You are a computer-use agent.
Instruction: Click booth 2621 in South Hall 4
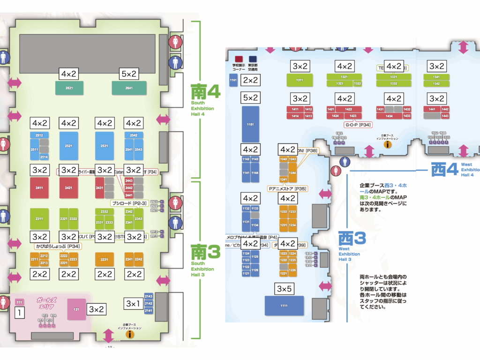tap(69, 88)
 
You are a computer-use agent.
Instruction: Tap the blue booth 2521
tap(68, 146)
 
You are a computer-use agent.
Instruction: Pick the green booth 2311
tap(39, 218)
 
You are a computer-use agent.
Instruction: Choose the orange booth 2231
tap(105, 259)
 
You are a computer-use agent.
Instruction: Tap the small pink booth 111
tap(19, 302)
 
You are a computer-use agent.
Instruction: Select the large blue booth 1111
tap(284, 306)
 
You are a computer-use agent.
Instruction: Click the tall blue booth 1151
tap(250, 124)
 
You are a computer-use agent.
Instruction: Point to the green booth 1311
tap(300, 80)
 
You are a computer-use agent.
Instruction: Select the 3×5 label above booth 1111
tap(284, 289)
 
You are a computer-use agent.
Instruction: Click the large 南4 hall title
tap(205, 92)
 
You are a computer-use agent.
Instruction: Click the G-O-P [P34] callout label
tap(358, 125)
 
